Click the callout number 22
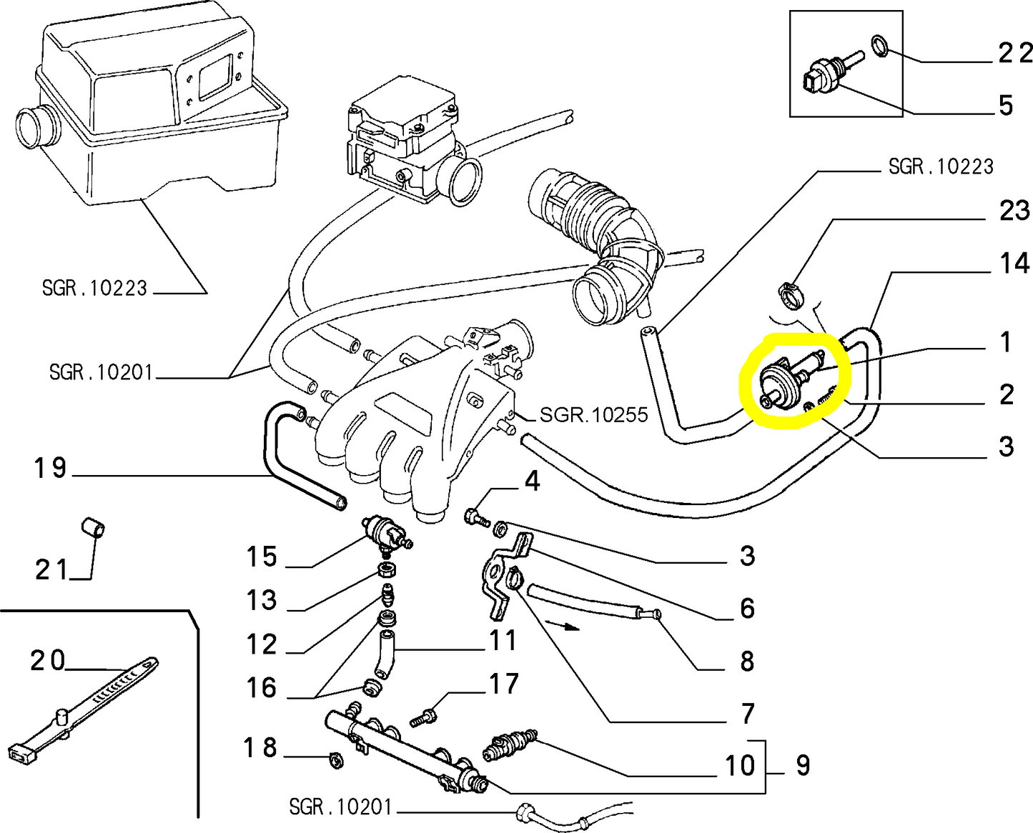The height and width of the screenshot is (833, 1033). pos(1014,53)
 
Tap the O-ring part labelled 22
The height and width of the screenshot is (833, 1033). pos(880,46)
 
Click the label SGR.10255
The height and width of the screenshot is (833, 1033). pos(593,414)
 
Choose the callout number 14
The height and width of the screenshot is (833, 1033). pos(1014,263)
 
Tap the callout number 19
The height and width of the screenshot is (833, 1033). pos(50,468)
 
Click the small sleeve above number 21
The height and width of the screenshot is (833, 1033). pos(93,529)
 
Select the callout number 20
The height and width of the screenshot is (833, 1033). pos(47,660)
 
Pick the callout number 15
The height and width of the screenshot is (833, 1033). pos(262,557)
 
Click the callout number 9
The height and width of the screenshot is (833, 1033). pos(803,765)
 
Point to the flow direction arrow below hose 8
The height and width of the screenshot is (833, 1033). pos(562,627)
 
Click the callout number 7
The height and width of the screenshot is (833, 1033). pos(748,713)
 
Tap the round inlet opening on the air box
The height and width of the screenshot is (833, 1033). pos(31,129)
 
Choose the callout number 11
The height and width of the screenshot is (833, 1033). pos(503,640)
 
